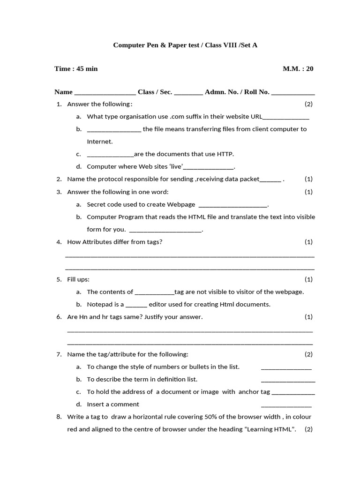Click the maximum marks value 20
pyautogui.click(x=309, y=69)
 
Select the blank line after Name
pyautogui.click(x=105, y=92)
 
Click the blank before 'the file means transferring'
pyautogui.click(x=114, y=129)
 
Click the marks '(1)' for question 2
pyautogui.click(x=308, y=179)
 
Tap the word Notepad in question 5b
pyautogui.click(x=99, y=304)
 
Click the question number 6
pyautogui.click(x=59, y=317)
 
